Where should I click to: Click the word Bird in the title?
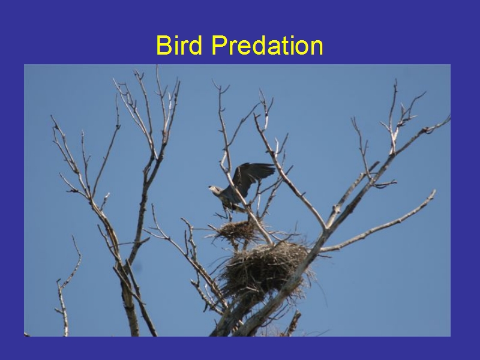(179, 46)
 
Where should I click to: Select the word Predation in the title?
(267, 46)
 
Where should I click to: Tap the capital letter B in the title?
(163, 46)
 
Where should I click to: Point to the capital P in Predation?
(219, 46)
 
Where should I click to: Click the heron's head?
(215, 190)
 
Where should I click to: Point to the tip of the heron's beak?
(209, 187)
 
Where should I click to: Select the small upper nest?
(237, 230)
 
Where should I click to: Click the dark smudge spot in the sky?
(137, 267)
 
